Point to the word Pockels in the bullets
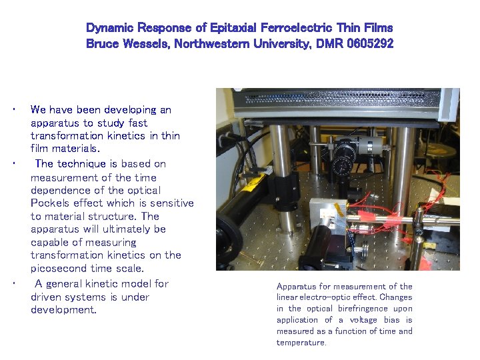51,203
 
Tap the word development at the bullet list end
63,310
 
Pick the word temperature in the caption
301,343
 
